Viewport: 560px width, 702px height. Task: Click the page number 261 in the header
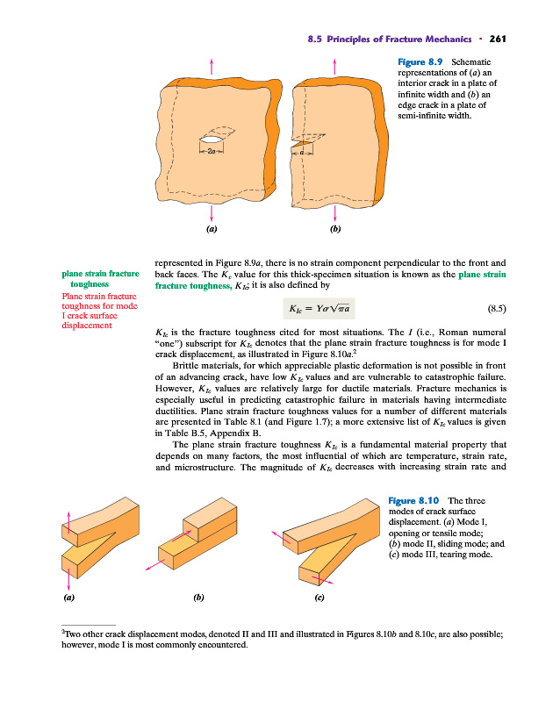click(x=499, y=39)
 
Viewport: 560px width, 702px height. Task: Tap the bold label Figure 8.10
click(x=414, y=500)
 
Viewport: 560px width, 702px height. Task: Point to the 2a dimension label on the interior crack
click(x=212, y=152)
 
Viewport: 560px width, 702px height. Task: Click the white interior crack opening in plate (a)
click(x=212, y=138)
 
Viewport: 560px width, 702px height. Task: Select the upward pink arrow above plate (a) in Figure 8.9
click(x=212, y=66)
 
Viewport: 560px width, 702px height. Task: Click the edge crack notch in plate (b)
click(x=304, y=140)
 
